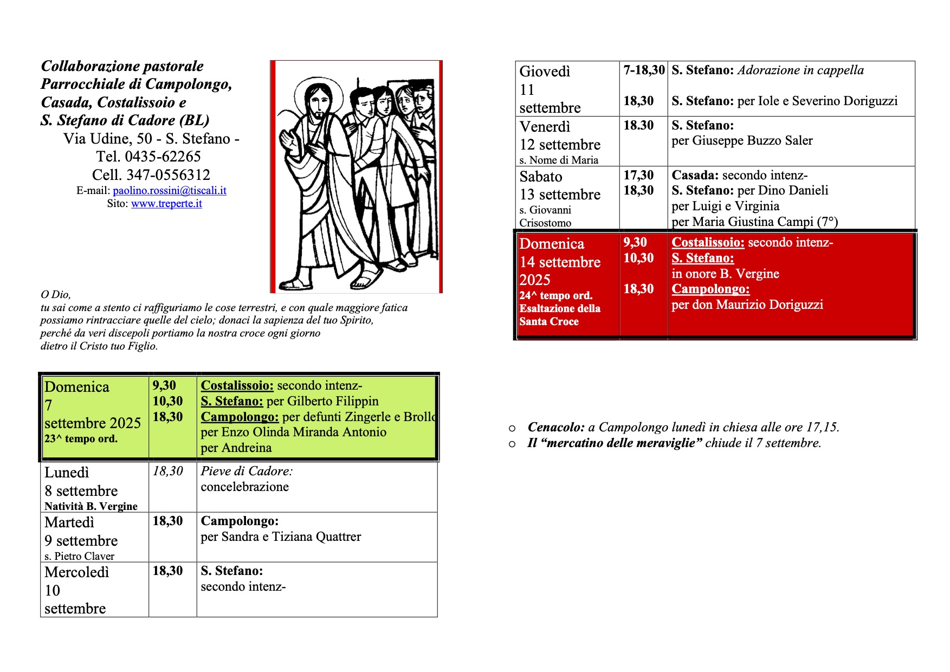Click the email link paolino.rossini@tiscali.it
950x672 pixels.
(x=169, y=191)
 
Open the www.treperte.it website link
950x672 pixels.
(x=166, y=204)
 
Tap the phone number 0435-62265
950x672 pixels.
(x=163, y=157)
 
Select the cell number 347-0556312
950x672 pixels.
(x=168, y=175)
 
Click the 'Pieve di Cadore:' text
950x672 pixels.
(x=247, y=471)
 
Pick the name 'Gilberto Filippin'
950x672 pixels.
(x=333, y=402)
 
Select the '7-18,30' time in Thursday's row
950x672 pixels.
(x=644, y=70)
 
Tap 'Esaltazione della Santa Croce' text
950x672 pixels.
(x=559, y=315)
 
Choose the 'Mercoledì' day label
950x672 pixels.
(x=77, y=572)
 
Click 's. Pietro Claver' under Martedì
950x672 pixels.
(x=79, y=556)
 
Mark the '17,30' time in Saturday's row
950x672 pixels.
(x=638, y=175)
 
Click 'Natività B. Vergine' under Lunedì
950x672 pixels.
(x=91, y=506)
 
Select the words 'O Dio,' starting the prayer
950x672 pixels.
(x=56, y=295)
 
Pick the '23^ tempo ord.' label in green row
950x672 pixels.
(x=81, y=439)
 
